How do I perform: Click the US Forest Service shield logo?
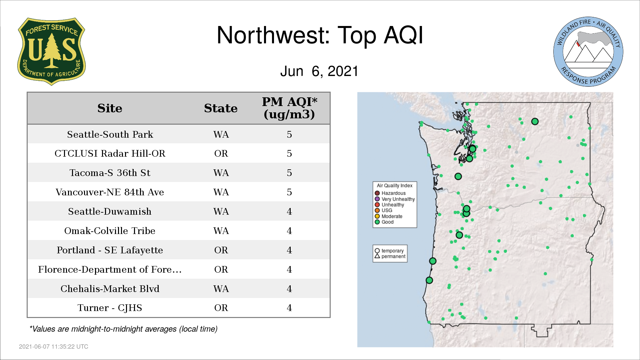tap(51, 52)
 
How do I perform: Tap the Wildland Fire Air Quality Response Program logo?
tap(588, 52)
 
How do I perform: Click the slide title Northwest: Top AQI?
tap(320, 35)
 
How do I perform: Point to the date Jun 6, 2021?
tap(319, 71)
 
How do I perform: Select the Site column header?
tap(110, 108)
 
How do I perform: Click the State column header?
tap(221, 108)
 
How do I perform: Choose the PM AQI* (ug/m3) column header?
tap(289, 108)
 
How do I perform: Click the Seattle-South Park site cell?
tap(110, 134)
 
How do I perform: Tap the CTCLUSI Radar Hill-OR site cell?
tap(110, 153)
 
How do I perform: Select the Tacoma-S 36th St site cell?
tap(110, 173)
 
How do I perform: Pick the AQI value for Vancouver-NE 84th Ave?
tap(289, 192)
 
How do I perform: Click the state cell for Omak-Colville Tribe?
tap(221, 231)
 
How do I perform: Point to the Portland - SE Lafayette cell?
tap(110, 250)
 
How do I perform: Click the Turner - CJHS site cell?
tap(110, 308)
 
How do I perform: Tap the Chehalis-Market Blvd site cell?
tap(110, 289)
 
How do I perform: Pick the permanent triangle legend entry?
tap(390, 256)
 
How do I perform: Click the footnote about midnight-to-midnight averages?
tap(123, 329)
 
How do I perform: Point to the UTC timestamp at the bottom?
tap(54, 347)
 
